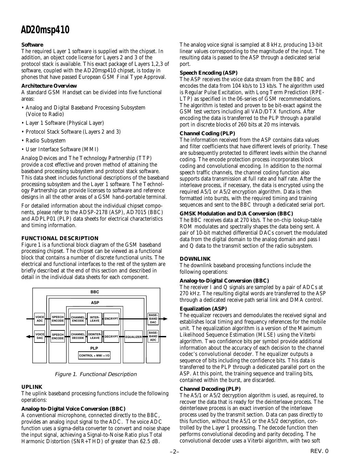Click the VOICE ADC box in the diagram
[x=40, y=319]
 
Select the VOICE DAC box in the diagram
[x=40, y=336]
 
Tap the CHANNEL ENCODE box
[x=78, y=319]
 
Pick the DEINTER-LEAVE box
[x=95, y=336]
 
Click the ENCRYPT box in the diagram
[x=111, y=319]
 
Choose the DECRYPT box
[x=111, y=337]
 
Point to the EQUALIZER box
[x=134, y=337]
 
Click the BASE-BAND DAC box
[x=153, y=319]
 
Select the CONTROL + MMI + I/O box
[x=94, y=355]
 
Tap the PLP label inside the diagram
[x=94, y=348]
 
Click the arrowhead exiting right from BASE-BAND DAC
[x=165, y=319]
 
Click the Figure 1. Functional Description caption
[x=96, y=374]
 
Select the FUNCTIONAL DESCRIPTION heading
[x=60, y=238]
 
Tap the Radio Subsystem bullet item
[x=45, y=140]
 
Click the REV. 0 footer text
[x=319, y=451]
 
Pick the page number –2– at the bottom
[x=174, y=452]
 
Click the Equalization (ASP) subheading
[x=203, y=309]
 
